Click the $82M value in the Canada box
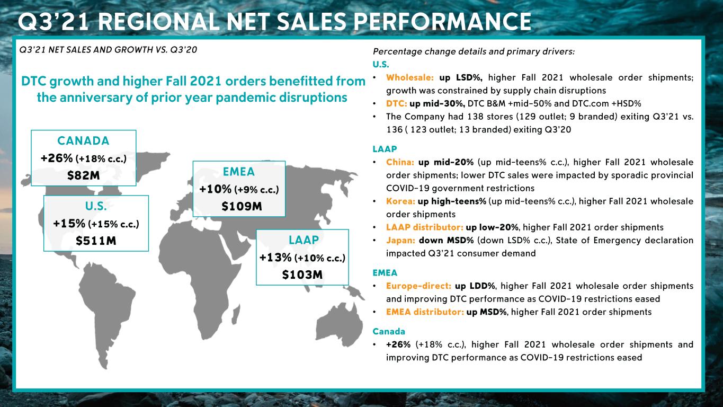pos(84,175)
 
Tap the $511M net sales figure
pos(96,241)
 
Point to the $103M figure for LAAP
pos(302,275)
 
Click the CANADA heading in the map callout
pos(84,140)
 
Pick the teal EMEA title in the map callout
pos(239,172)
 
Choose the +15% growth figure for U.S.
pos(69,224)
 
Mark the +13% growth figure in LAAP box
pos(275,258)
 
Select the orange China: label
pos(400,162)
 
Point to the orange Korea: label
pos(400,201)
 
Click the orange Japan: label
pos(400,240)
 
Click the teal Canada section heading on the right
pos(389,331)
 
